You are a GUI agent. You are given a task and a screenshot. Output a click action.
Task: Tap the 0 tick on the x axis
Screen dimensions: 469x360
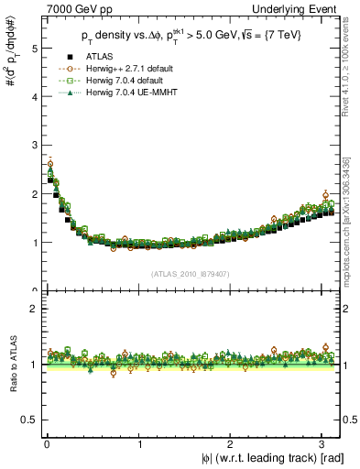[x=47, y=444]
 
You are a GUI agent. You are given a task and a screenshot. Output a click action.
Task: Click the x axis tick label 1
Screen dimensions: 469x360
[x=139, y=444]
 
